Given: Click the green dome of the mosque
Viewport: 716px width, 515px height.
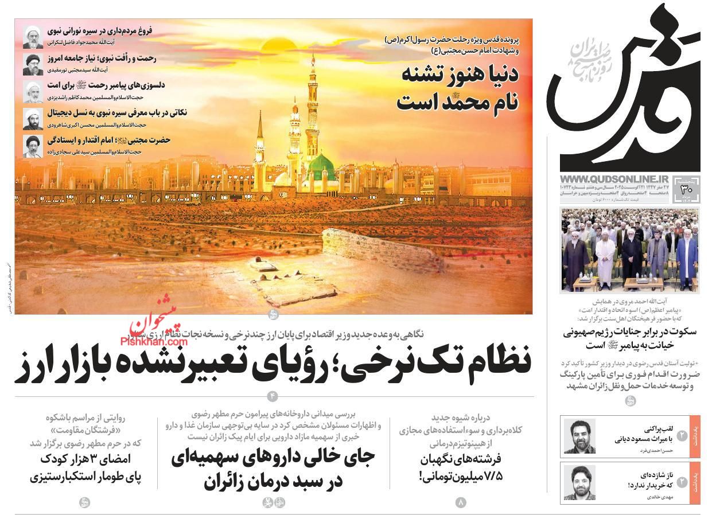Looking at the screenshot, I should coord(322,165).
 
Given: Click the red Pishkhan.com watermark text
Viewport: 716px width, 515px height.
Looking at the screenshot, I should coord(154,339).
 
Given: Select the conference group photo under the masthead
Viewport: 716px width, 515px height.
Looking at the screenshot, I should coord(629,251).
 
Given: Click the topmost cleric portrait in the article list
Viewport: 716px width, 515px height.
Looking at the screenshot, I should coord(33,37).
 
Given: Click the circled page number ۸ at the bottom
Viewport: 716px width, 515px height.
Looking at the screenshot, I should coord(461,502).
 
